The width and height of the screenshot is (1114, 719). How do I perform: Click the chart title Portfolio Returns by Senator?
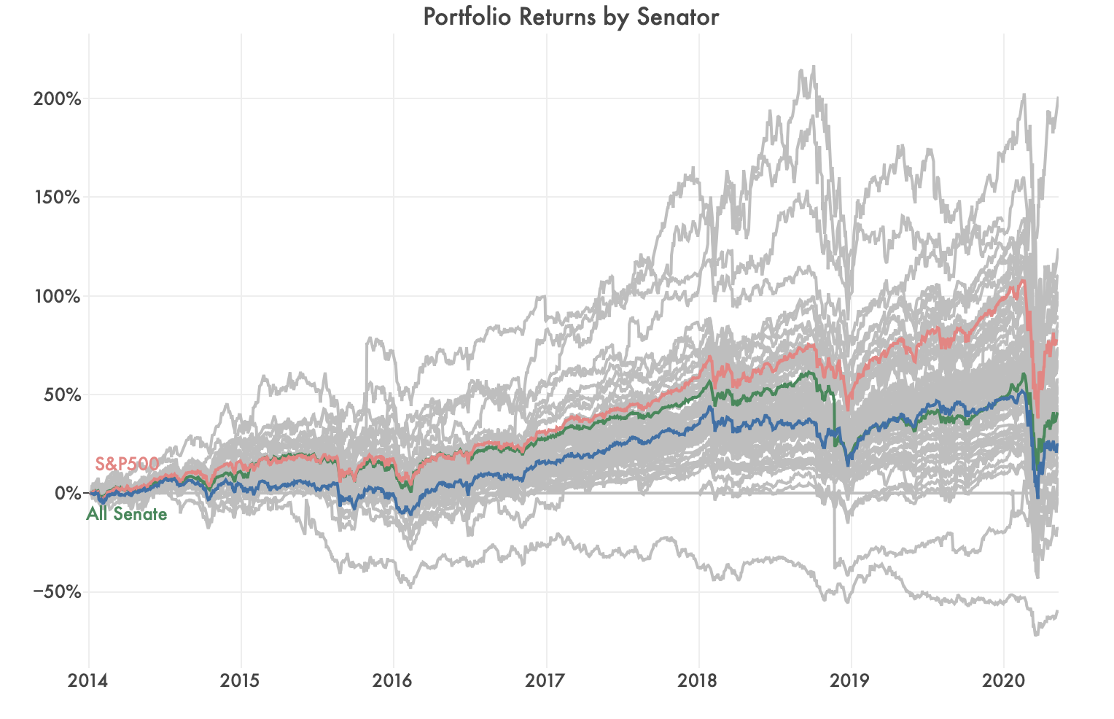coord(571,17)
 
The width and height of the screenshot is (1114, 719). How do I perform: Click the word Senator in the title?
coord(677,17)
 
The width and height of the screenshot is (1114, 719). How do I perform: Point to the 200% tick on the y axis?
coord(57,98)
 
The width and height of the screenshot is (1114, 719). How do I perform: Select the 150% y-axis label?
coord(57,198)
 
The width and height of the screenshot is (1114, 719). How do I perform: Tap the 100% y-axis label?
coord(57,296)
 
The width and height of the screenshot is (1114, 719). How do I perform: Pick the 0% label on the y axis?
coord(66,494)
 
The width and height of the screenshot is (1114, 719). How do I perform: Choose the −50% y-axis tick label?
coord(57,592)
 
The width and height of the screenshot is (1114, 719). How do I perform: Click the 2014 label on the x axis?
coord(87,681)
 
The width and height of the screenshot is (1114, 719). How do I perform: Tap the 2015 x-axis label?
coord(240,681)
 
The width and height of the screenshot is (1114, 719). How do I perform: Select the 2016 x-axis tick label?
coord(392,681)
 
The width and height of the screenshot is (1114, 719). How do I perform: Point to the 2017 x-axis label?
coord(545,681)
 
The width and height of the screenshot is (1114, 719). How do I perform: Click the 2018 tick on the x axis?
coord(698,681)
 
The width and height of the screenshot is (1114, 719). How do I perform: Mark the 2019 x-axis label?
coord(850,681)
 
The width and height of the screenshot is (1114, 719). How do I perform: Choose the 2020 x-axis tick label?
coord(1003,681)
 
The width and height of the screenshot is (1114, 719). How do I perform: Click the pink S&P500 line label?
coord(127,464)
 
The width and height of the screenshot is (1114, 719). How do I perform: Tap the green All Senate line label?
coord(127,515)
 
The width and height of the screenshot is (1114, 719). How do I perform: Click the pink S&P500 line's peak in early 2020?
coord(1022,280)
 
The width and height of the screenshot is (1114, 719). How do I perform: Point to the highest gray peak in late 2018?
coord(813,66)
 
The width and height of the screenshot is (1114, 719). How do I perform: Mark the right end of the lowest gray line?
coord(1057,611)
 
